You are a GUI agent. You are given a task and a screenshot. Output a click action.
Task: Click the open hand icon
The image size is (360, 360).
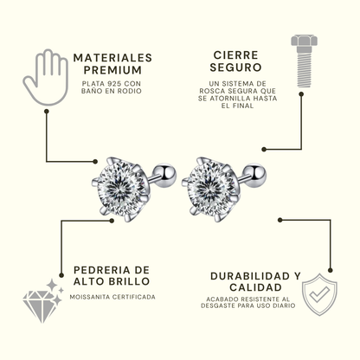[x=46, y=77]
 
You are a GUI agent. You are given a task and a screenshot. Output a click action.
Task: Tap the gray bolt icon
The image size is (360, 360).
[x=304, y=61]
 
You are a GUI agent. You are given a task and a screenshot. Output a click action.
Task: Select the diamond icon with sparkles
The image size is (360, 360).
[x=43, y=300]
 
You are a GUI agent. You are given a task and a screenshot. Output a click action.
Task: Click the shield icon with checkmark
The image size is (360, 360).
[x=319, y=294]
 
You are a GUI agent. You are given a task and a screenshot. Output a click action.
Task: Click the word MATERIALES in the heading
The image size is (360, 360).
[x=112, y=58]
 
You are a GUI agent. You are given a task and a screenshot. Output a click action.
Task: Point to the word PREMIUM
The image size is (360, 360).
[x=112, y=70]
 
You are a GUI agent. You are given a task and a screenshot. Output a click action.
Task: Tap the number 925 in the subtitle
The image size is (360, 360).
[x=112, y=84]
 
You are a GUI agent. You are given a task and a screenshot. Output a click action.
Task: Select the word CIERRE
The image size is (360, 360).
[x=235, y=55]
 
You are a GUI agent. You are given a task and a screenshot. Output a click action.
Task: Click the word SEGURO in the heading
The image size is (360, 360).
[x=235, y=67]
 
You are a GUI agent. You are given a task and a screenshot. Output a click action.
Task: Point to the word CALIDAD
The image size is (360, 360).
[x=255, y=287]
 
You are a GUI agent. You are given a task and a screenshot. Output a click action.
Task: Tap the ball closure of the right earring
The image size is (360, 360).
[x=256, y=174]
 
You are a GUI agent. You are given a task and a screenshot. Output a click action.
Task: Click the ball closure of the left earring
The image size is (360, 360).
[x=166, y=174]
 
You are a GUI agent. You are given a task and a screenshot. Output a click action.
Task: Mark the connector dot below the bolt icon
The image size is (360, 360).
[x=301, y=94]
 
